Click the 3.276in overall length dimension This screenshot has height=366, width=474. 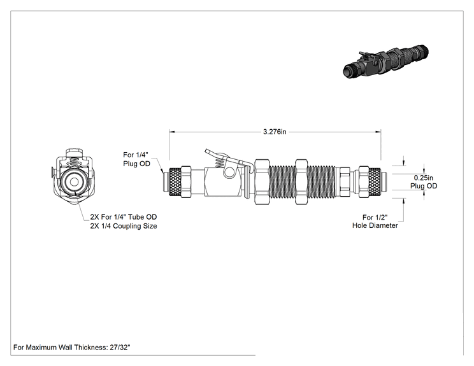275,132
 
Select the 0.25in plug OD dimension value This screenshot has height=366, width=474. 423,178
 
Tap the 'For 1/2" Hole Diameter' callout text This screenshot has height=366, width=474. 375,222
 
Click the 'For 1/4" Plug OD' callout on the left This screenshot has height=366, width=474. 136,159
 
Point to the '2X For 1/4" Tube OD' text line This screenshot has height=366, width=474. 124,217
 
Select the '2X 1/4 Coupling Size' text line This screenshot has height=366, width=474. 124,226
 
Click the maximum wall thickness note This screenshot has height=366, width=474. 71,348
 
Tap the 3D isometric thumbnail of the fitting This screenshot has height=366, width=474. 386,61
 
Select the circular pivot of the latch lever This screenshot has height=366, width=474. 229,171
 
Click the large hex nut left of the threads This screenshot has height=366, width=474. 262,182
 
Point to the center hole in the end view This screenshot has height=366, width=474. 74,182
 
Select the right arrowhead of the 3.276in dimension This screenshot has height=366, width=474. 378,132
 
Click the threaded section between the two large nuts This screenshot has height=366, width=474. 282,182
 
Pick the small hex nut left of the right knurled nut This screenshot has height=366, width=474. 345,182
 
